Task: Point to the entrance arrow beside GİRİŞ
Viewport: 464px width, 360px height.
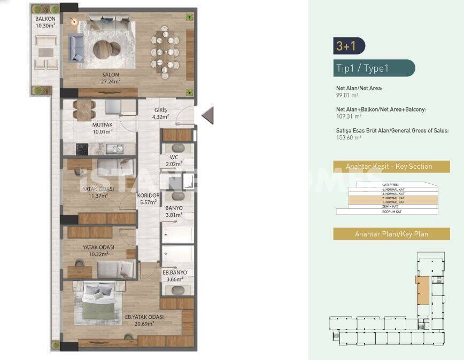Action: [x=208, y=115]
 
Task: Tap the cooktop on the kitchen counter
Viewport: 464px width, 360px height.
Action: [x=81, y=150]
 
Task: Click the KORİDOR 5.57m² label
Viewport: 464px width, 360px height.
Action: [x=146, y=199]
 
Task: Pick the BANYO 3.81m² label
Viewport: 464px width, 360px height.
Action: [x=174, y=212]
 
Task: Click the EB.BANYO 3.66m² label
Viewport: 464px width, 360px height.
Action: [x=174, y=276]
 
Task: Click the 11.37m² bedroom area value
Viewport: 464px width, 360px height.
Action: [x=98, y=195]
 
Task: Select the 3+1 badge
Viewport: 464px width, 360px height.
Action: [x=346, y=46]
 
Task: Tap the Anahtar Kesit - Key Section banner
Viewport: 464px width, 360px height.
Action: [x=391, y=167]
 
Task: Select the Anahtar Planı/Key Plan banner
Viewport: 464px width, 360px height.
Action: [x=391, y=234]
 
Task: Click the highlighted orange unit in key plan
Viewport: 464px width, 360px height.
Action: [x=422, y=291]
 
